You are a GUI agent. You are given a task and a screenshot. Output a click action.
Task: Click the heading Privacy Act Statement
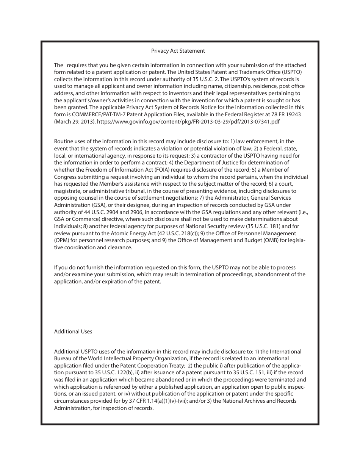178,51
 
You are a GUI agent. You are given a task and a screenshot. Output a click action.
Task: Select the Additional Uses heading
73,332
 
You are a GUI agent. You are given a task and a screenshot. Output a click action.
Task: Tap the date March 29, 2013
75,122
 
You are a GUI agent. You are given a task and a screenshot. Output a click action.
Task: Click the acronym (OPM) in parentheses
62,241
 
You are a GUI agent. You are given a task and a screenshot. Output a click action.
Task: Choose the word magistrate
69,191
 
